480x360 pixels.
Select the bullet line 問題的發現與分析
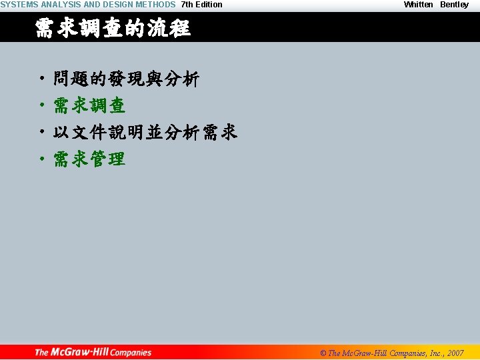coord(126,79)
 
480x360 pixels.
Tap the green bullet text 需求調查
coord(89,106)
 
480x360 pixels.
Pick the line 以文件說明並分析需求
coord(145,133)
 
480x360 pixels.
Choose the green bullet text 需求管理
coord(89,159)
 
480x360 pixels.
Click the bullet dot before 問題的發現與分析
coord(41,80)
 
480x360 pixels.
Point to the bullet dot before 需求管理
coord(41,160)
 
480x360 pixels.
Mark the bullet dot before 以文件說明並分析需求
coord(41,133)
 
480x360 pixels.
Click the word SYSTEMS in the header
coord(19,5)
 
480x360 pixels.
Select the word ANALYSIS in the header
coord(61,5)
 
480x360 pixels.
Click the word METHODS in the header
coord(155,5)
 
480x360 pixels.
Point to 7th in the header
coord(187,5)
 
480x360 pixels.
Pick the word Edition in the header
coord(209,5)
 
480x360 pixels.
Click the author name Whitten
coord(418,5)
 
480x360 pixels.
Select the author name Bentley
coord(454,5)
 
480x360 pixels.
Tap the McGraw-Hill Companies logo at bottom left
coord(93,352)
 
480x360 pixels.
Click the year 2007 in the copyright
coord(455,353)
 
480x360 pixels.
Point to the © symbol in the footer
coord(323,353)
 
